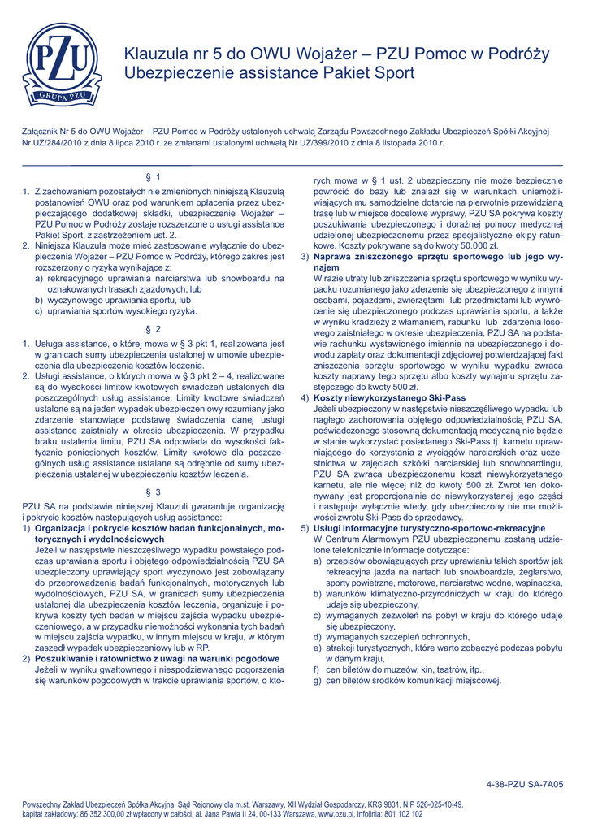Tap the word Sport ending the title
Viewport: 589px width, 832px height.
click(395, 73)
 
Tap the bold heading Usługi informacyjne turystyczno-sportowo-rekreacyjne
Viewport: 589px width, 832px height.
click(418, 528)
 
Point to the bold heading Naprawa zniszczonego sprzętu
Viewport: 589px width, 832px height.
click(374, 256)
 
